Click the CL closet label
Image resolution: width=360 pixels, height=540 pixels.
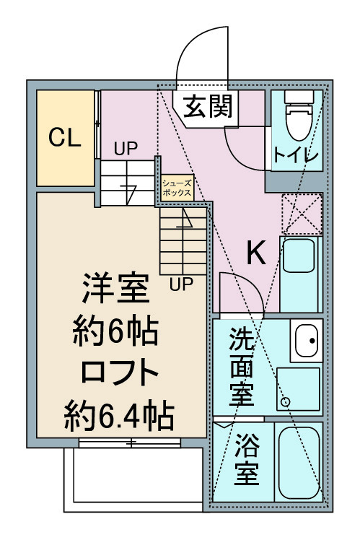pos(65,137)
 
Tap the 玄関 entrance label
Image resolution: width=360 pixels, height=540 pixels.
pos(208,106)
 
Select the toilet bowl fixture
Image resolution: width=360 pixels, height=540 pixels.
pos(299,116)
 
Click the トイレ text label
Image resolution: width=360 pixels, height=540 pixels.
pos(297,155)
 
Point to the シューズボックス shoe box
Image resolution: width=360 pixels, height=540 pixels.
pos(177,188)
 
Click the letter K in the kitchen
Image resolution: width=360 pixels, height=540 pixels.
pos(256,253)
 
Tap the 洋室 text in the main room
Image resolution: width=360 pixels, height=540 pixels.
pos(115,288)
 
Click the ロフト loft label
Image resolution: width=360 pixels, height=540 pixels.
pos(119,373)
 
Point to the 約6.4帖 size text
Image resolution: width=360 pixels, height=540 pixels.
pos(119,414)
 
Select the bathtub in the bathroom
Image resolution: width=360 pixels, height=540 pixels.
pos(299,462)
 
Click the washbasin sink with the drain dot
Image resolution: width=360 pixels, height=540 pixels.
pos(307,340)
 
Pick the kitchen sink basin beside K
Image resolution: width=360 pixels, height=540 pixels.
pos(299,256)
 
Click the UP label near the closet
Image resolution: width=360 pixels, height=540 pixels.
pos(126,149)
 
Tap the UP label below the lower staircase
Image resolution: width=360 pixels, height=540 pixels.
pos(181,284)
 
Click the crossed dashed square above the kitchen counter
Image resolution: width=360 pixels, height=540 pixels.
pos(302,214)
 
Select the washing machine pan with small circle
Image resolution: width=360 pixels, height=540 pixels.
pos(298,389)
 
